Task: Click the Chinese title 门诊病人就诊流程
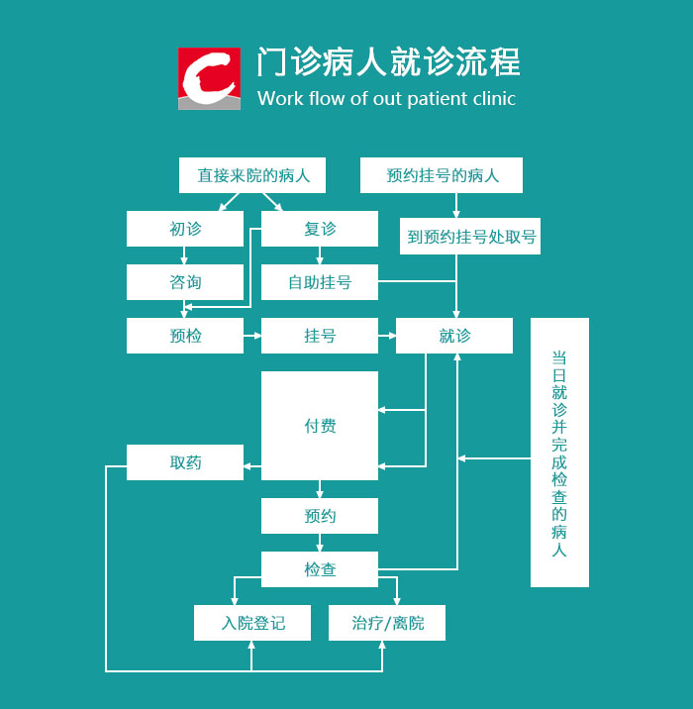(388, 62)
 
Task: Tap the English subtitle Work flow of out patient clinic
(386, 99)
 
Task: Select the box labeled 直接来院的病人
(253, 175)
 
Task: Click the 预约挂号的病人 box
(442, 175)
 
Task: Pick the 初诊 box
(185, 229)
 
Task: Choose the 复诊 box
(320, 229)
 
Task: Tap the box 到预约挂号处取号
(471, 238)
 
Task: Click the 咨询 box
(185, 282)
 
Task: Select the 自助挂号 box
(320, 282)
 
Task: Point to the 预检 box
(185, 336)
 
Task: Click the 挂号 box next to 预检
(320, 336)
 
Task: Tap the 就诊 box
(454, 336)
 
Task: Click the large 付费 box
(320, 426)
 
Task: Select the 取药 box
(185, 462)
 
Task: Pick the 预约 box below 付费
(320, 516)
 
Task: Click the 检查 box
(320, 569)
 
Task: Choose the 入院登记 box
(252, 623)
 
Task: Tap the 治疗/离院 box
(387, 623)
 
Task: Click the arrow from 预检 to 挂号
(252, 336)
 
